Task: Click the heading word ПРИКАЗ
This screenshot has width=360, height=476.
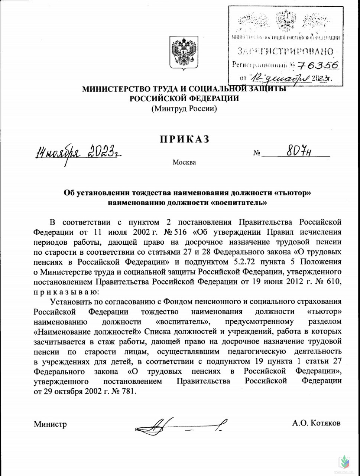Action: coord(185,139)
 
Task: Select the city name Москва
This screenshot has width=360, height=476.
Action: coord(184,163)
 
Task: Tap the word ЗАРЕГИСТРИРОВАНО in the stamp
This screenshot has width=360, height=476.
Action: coord(285,51)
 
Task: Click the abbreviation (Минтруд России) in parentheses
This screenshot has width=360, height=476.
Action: coord(184,109)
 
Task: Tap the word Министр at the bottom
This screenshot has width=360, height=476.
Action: coord(50,424)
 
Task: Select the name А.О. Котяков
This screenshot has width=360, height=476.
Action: coord(316,423)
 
